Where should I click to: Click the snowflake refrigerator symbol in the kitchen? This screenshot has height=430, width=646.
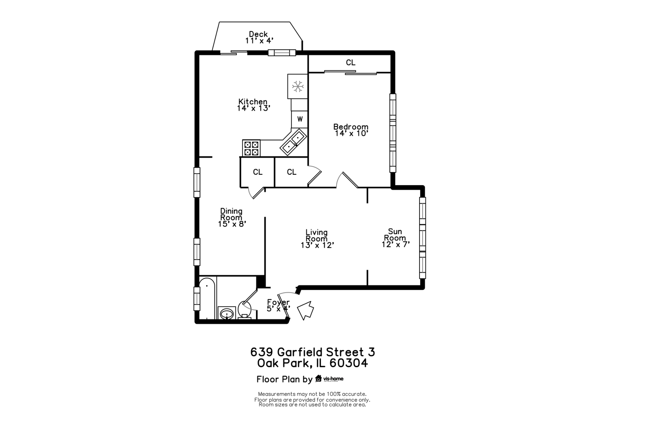click(297, 86)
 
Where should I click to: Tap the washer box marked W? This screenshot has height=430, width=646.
click(299, 119)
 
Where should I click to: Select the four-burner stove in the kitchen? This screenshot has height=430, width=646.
click(251, 148)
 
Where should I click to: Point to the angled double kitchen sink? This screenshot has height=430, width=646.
click(293, 142)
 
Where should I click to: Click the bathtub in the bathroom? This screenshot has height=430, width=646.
click(207, 298)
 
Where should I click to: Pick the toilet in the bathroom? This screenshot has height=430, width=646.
click(245, 310)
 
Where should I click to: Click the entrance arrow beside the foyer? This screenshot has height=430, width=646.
click(305, 310)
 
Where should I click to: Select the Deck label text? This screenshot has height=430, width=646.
click(258, 34)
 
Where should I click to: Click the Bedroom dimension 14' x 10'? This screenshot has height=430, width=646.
click(351, 133)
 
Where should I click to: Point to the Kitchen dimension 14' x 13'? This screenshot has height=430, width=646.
click(254, 108)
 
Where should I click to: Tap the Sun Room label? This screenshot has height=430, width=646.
click(395, 235)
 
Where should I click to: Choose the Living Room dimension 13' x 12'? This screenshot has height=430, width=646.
click(317, 245)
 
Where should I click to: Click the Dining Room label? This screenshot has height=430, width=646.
click(231, 214)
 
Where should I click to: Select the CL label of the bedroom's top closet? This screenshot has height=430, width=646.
click(351, 63)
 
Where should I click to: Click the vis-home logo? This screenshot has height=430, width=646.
click(329, 379)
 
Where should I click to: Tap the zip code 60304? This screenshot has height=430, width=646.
click(349, 363)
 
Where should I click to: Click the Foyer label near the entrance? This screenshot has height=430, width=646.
click(278, 302)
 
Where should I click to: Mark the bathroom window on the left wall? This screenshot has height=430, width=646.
click(197, 299)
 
